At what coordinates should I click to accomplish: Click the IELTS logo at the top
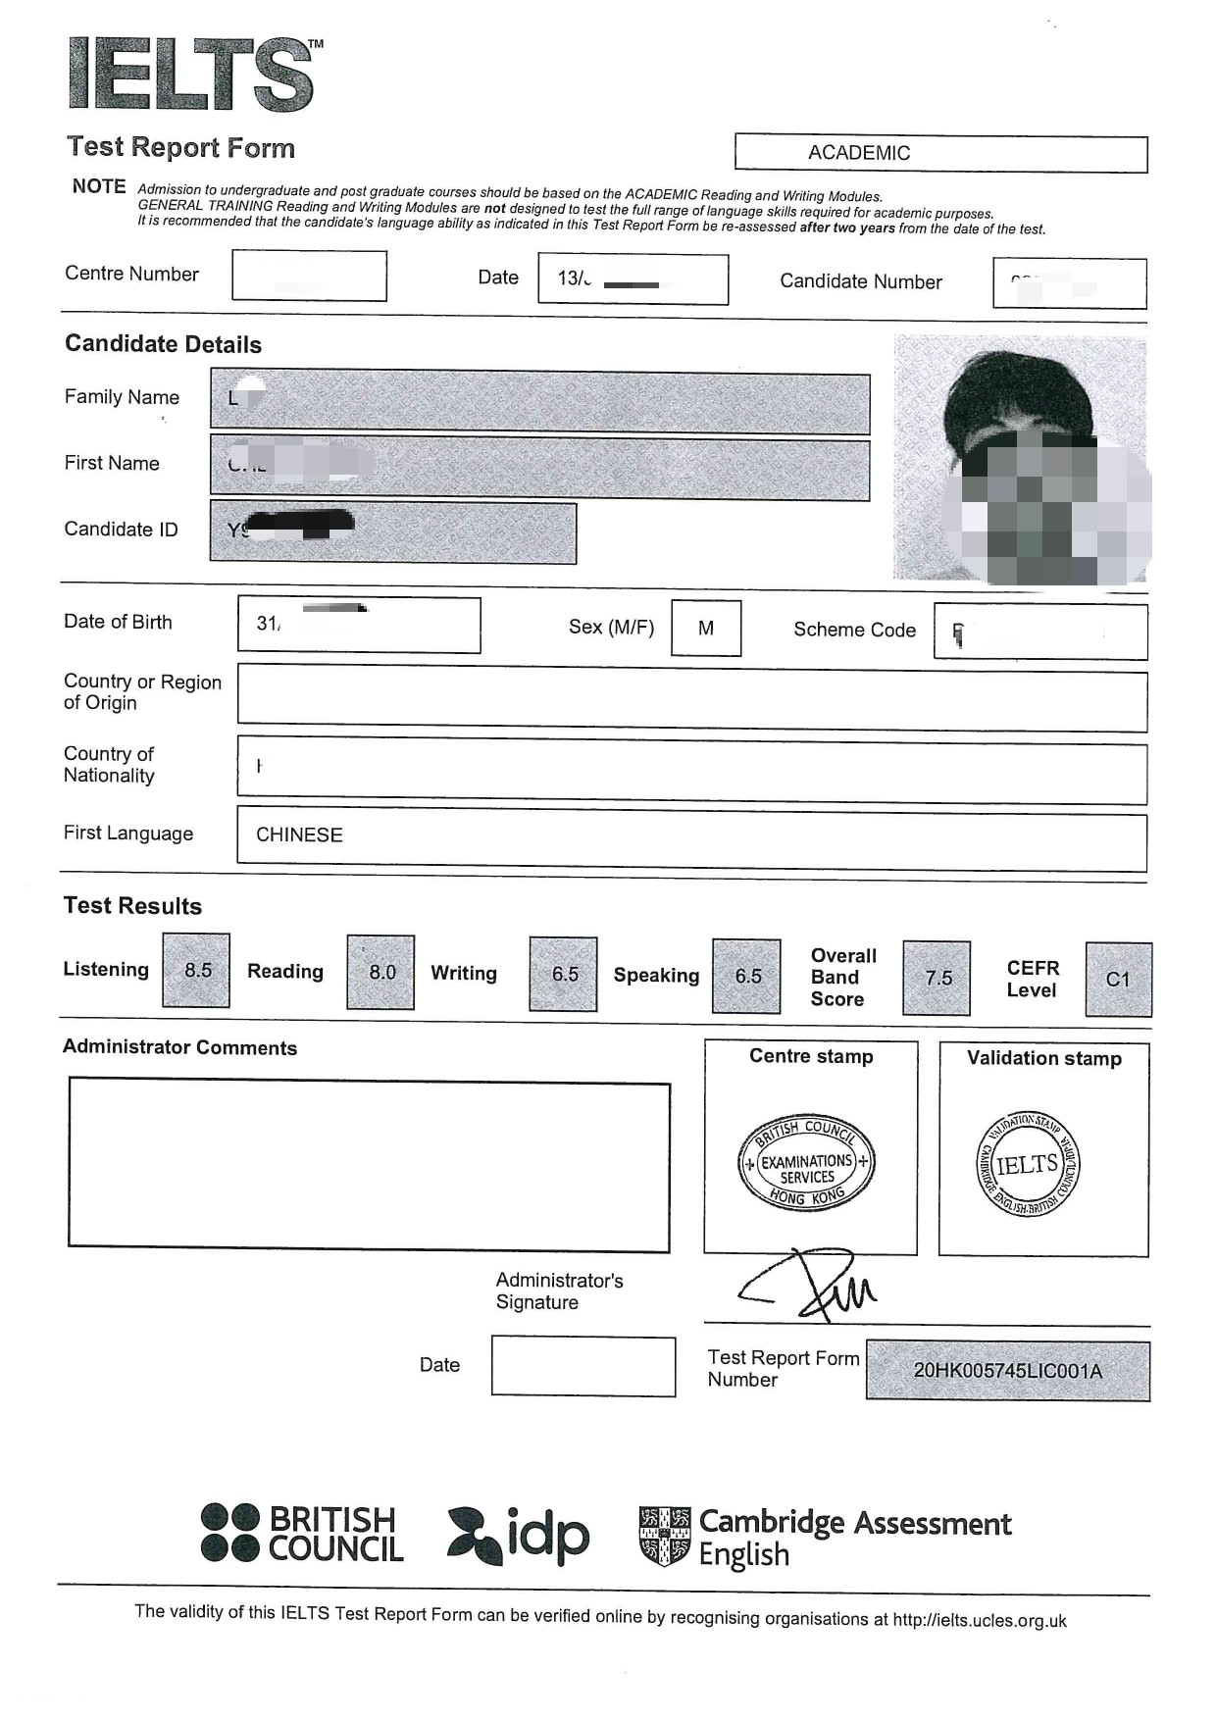pyautogui.click(x=192, y=75)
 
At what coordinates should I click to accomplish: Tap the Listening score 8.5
pyautogui.click(x=197, y=971)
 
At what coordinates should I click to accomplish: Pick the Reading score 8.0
pyautogui.click(x=381, y=972)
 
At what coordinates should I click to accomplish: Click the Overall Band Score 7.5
pyautogui.click(x=937, y=978)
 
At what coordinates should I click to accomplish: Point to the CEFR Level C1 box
pyautogui.click(x=1118, y=979)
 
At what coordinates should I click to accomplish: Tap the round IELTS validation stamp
pyautogui.click(x=1028, y=1165)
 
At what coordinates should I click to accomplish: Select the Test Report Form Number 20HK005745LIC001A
pyautogui.click(x=1007, y=1371)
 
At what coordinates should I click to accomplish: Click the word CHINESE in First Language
pyautogui.click(x=299, y=835)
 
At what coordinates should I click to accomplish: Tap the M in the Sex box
pyautogui.click(x=706, y=629)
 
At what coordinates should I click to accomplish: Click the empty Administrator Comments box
pyautogui.click(x=369, y=1165)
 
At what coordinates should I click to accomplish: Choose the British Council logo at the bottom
pyautogui.click(x=302, y=1534)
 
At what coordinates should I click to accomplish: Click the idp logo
pyautogui.click(x=519, y=1536)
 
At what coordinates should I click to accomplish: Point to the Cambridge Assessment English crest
pyautogui.click(x=664, y=1536)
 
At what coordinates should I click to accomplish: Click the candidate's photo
pyautogui.click(x=1020, y=459)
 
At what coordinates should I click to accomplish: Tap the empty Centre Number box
pyautogui.click(x=309, y=276)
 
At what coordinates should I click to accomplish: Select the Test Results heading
pyautogui.click(x=132, y=906)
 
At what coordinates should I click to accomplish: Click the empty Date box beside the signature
pyautogui.click(x=583, y=1366)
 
